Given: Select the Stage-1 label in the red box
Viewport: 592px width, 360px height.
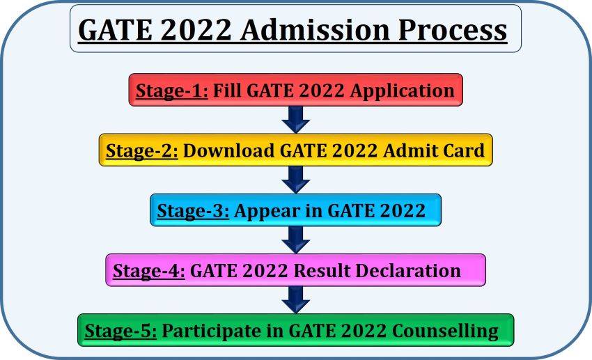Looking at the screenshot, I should pos(171,91).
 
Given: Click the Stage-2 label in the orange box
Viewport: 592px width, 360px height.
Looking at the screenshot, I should pos(142,150).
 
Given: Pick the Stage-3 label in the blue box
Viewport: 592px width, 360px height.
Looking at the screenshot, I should pos(193,211).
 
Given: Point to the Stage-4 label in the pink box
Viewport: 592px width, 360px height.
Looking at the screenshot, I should pos(148,270).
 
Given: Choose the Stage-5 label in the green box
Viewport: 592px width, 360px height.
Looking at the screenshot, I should pos(120,331).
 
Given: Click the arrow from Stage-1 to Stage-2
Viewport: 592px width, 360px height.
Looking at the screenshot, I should pos(296,120).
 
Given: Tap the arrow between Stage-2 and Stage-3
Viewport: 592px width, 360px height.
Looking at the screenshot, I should pos(296,180).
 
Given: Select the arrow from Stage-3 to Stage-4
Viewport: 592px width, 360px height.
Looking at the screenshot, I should pos(296,240).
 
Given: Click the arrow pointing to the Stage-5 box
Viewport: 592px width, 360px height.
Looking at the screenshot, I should pos(296,300).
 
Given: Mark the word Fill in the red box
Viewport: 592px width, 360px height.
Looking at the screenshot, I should pos(227,91).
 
